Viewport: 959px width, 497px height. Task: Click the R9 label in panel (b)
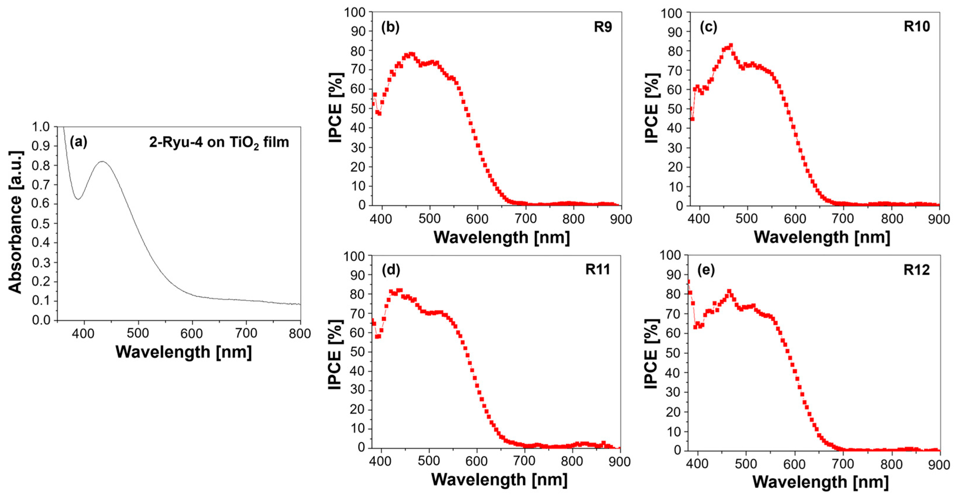(x=602, y=27)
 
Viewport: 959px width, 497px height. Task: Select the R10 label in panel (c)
(x=917, y=26)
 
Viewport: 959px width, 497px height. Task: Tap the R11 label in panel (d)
(x=597, y=269)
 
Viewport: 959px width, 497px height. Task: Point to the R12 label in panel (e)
(x=917, y=270)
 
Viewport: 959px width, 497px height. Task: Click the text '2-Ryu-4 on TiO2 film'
(x=219, y=143)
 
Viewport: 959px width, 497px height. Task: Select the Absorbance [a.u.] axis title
(x=16, y=222)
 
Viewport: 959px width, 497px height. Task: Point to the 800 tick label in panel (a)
(x=300, y=334)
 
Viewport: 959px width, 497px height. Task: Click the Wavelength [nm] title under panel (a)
(x=183, y=352)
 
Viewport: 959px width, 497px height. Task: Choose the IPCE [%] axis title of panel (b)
(x=335, y=108)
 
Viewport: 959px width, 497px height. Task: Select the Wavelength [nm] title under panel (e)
(x=821, y=482)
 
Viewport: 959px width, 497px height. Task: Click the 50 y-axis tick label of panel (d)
(x=358, y=352)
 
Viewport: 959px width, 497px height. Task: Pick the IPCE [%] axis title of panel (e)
(x=651, y=354)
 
